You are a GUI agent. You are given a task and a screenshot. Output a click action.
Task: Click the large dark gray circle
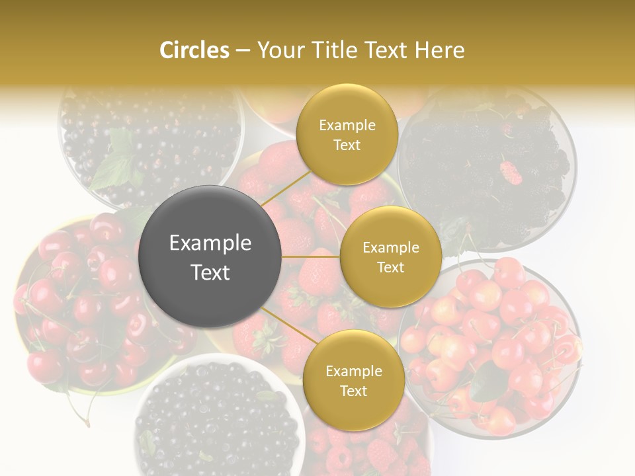[x=210, y=257]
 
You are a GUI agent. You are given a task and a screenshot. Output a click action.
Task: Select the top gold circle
[x=347, y=134]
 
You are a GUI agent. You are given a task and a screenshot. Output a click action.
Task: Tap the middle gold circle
[x=390, y=257]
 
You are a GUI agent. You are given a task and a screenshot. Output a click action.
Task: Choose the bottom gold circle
[x=353, y=380]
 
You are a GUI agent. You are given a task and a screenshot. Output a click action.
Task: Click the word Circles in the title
[x=194, y=50]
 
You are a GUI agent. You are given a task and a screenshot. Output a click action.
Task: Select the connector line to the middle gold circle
[x=311, y=257]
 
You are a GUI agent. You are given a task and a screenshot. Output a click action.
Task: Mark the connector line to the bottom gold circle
[x=288, y=327]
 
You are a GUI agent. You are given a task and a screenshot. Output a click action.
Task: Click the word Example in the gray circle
[x=210, y=243]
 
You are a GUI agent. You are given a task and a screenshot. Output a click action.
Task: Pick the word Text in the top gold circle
[x=347, y=145]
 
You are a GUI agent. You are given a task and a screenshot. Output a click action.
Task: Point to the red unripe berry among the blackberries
[x=510, y=173]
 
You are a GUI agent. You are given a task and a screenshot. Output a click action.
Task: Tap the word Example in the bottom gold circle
[x=353, y=371]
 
